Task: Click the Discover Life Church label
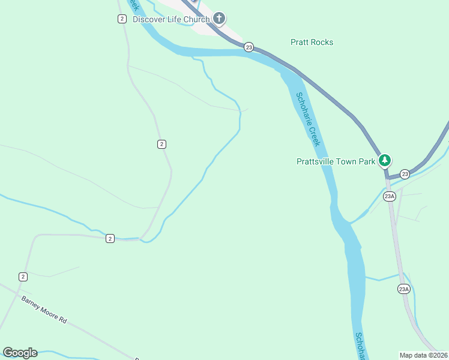[x=171, y=19]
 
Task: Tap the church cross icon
[x=219, y=19]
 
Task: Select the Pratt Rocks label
[x=312, y=42]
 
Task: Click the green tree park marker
[x=385, y=161]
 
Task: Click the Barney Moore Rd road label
[x=44, y=310]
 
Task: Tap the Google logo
[x=20, y=353]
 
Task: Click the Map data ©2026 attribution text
[x=424, y=355]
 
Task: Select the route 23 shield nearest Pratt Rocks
[x=249, y=47]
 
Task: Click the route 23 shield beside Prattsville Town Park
[x=405, y=174]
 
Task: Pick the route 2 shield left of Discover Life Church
[x=122, y=19]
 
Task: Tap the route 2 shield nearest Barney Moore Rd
[x=23, y=277]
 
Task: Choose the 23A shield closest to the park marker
[x=390, y=196]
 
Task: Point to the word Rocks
[x=322, y=42]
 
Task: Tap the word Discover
[x=148, y=19]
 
